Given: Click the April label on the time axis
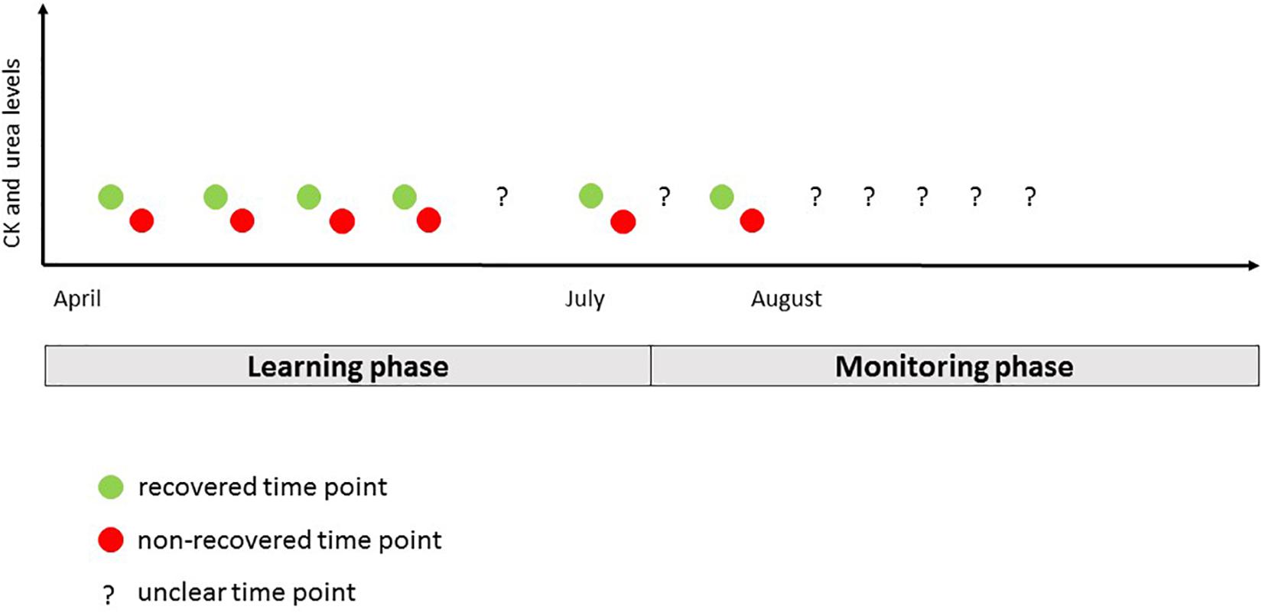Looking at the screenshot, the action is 77,299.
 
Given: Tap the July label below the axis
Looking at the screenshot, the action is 585,299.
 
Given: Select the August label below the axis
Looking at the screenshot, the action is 786,299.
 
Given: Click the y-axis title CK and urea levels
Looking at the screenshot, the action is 12,153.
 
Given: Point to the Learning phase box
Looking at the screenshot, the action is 348,366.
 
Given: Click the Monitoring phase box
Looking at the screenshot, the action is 955,366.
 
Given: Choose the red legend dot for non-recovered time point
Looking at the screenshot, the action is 111,540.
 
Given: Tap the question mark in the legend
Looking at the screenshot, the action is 108,595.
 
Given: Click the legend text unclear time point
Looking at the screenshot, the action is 247,592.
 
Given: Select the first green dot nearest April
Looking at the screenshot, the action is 111,197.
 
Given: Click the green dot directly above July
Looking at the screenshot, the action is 591,196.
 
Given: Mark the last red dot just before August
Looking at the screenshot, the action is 752,220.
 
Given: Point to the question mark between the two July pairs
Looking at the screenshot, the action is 665,196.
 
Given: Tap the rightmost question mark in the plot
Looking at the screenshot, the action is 1030,196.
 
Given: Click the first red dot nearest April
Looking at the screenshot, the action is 142,220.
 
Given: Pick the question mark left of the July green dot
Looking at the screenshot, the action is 502,196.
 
